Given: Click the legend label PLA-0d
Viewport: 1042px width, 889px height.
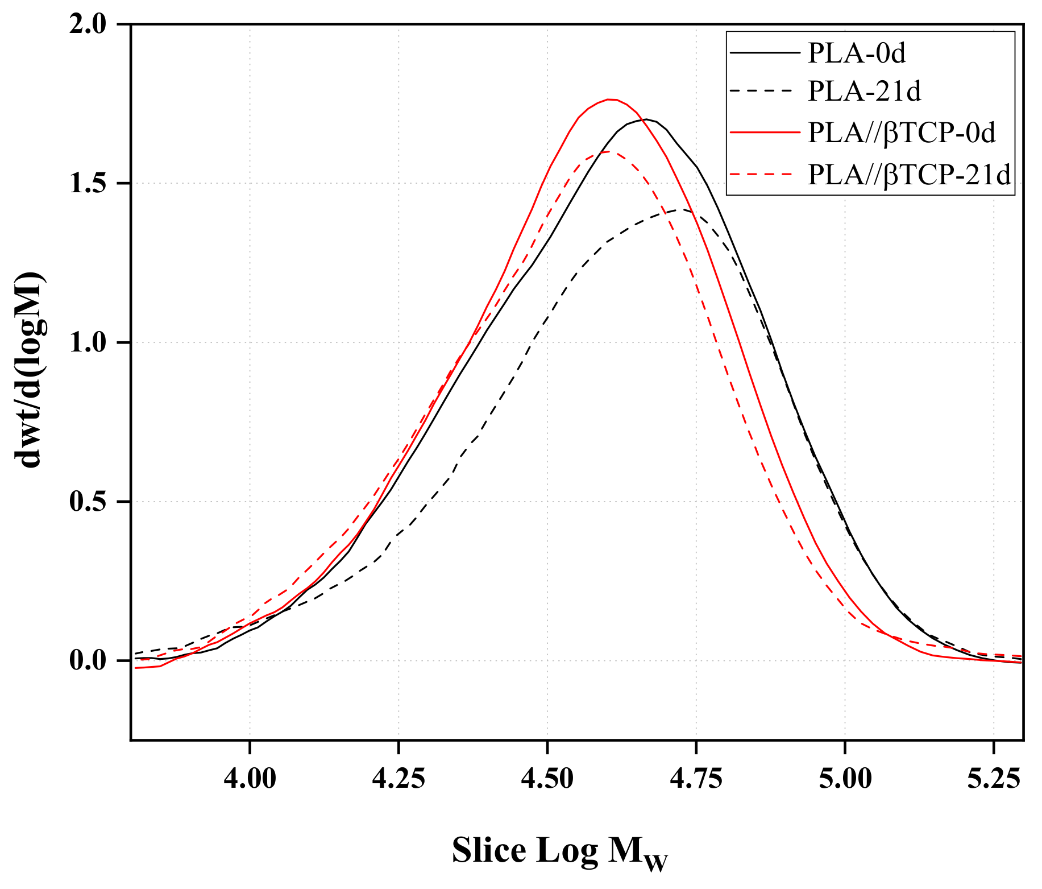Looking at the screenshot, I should [x=856, y=53].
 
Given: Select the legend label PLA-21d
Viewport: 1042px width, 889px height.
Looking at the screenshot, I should [x=864, y=91].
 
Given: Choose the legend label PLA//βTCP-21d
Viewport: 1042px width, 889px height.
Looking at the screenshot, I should [x=910, y=174].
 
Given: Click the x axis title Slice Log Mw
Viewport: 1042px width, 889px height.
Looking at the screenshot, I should [x=559, y=852].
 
